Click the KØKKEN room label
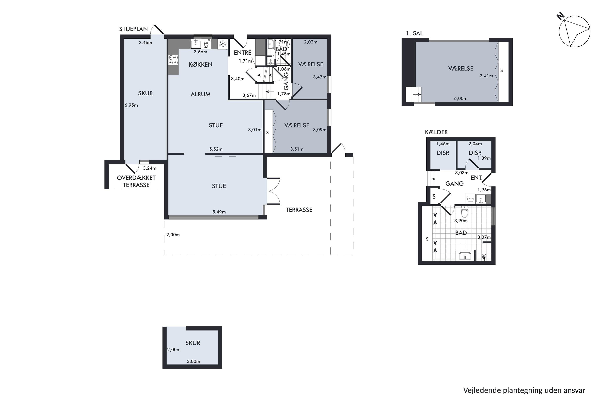click(x=201, y=64)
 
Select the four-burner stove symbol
click(x=173, y=60)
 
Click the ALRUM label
click(x=201, y=94)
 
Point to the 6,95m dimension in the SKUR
click(x=131, y=105)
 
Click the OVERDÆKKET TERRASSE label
click(x=136, y=181)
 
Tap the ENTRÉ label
click(x=243, y=52)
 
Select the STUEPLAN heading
click(x=133, y=29)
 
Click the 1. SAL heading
click(x=414, y=33)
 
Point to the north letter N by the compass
click(x=560, y=17)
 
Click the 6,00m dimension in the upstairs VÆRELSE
click(x=461, y=98)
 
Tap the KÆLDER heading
click(x=436, y=132)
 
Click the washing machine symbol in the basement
click(x=470, y=199)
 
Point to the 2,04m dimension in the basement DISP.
click(x=475, y=144)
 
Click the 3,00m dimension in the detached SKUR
click(x=194, y=361)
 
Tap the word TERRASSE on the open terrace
click(x=299, y=210)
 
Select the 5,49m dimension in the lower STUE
click(x=219, y=212)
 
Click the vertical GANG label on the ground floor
click(x=286, y=81)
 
